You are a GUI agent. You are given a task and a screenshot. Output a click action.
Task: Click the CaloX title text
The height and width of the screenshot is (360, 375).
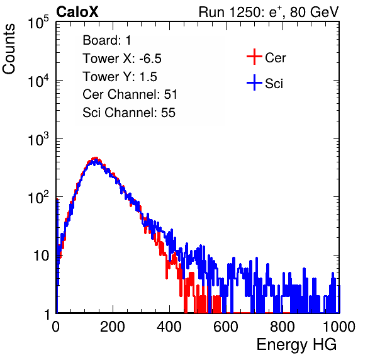click(77, 12)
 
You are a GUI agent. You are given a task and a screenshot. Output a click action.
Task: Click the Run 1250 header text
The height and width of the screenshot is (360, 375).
click(269, 12)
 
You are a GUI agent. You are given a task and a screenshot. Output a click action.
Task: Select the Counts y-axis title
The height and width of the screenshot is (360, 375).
click(9, 49)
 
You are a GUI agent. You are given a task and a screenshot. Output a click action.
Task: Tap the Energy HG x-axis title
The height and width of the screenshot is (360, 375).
click(296, 345)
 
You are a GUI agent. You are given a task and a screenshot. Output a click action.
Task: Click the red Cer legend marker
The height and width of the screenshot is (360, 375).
click(254, 57)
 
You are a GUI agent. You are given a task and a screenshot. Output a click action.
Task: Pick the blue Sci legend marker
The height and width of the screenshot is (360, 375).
click(254, 82)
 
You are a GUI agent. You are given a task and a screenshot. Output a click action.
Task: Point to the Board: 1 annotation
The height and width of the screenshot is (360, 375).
click(107, 40)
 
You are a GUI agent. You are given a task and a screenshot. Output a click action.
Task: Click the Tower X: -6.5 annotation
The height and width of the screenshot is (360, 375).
click(122, 59)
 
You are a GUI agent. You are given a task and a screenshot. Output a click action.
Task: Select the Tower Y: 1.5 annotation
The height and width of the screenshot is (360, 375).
click(120, 77)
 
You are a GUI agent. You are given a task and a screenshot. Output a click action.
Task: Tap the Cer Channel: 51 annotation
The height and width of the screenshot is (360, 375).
click(130, 94)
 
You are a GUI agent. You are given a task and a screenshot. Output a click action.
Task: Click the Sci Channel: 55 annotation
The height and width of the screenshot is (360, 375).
click(129, 113)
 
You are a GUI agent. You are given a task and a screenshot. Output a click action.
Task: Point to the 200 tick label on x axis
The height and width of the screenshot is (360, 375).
click(113, 327)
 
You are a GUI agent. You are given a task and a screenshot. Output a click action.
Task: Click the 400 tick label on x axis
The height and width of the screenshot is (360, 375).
click(169, 327)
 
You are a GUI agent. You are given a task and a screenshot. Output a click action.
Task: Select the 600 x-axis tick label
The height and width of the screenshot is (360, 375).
click(226, 327)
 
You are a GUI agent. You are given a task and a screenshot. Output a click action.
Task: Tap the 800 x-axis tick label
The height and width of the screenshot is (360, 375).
click(283, 327)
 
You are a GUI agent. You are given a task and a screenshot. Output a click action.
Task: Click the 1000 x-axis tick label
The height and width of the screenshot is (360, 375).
click(339, 327)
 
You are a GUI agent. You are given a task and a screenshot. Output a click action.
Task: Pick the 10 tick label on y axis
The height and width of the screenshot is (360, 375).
click(42, 256)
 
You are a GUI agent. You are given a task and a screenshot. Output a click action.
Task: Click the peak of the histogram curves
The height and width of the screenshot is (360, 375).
click(95, 159)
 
